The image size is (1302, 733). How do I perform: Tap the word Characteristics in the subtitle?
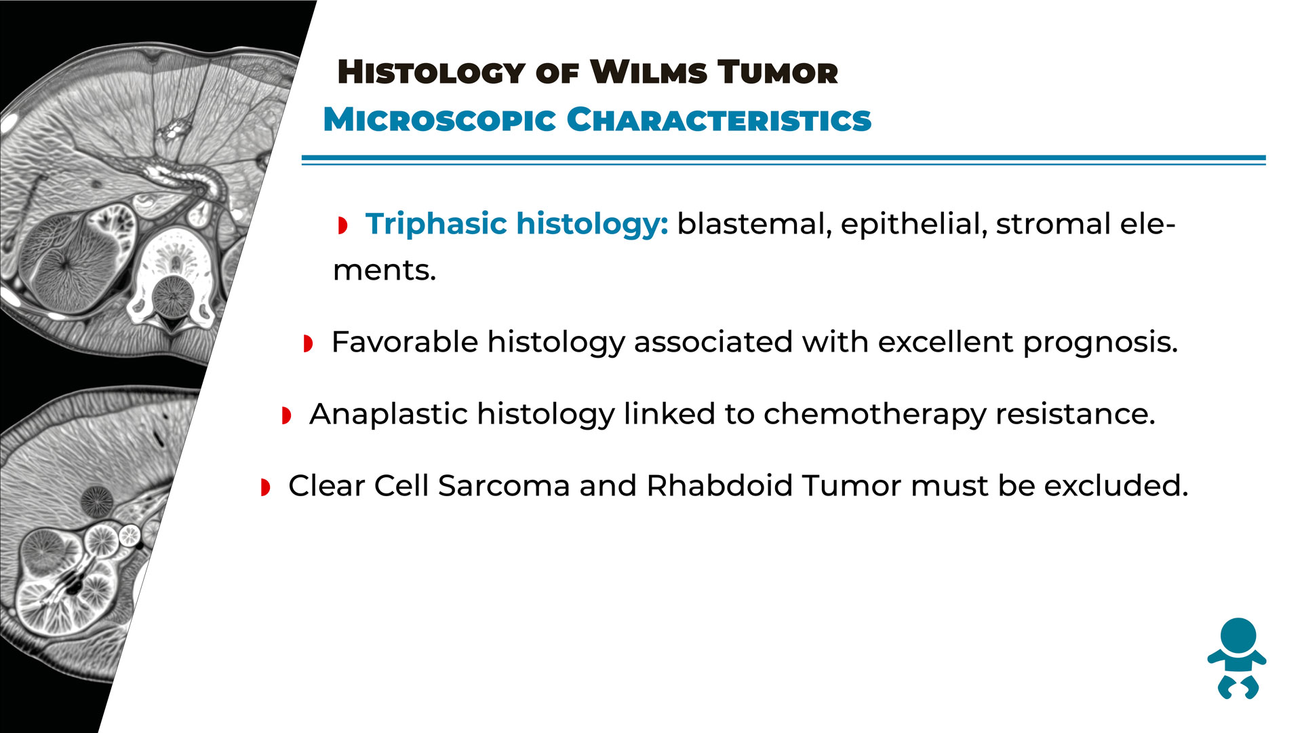point(719,119)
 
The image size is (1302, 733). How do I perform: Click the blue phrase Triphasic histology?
point(517,225)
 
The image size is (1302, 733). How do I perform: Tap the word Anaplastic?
point(389,414)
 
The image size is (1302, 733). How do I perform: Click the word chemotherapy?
point(875,414)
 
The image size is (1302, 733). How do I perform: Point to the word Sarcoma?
point(504,486)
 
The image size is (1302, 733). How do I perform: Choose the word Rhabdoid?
point(719,486)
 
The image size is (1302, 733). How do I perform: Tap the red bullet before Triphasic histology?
point(342,225)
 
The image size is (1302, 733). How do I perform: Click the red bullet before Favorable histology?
point(308,343)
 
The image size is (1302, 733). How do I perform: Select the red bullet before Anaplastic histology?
point(286,415)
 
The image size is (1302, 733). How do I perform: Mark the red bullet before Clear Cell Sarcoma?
point(265,487)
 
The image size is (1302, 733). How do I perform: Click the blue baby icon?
point(1237,658)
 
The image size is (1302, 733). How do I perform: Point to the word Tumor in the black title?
point(778,72)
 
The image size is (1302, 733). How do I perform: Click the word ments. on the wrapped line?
point(384,271)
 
